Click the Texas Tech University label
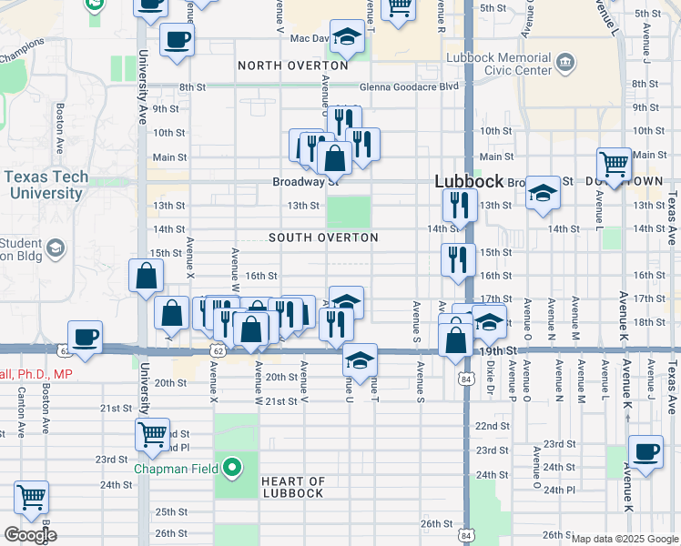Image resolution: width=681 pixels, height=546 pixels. tap(45, 185)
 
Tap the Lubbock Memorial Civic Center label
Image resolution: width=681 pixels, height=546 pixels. tap(500, 63)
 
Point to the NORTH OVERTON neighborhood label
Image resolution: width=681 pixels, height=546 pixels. tap(293, 66)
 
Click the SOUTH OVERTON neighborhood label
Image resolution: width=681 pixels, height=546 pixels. tap(323, 238)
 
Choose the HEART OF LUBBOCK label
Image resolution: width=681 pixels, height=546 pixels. tap(292, 487)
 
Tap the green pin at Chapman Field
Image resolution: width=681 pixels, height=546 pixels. tap(233, 469)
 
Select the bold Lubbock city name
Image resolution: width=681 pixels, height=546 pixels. tap(469, 181)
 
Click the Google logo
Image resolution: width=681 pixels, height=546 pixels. tap(29, 535)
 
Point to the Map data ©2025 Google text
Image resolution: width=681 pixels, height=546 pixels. tap(625, 539)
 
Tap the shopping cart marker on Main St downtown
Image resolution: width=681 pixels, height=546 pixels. tap(615, 165)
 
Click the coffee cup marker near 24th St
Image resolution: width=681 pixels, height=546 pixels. tap(645, 452)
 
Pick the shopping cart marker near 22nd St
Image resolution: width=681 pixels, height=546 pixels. tap(152, 433)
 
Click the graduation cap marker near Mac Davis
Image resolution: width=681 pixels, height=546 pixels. tap(346, 37)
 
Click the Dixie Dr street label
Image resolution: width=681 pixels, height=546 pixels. tap(490, 371)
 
